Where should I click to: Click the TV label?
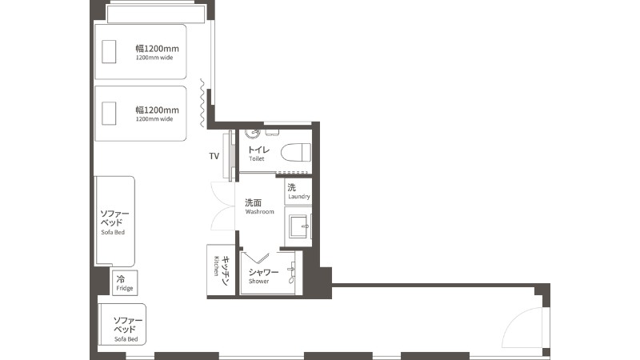214,156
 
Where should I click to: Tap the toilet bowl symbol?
296,153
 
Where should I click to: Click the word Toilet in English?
257,158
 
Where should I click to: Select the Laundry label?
299,196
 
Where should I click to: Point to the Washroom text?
259,212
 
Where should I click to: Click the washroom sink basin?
298,226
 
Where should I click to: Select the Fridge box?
125,283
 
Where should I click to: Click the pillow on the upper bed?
109,51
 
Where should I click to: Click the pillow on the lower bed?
109,113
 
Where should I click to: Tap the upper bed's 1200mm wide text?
154,58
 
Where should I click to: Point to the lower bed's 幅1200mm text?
157,110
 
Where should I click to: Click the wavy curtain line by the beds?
202,103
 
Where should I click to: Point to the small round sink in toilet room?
253,133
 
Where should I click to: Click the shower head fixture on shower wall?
291,273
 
